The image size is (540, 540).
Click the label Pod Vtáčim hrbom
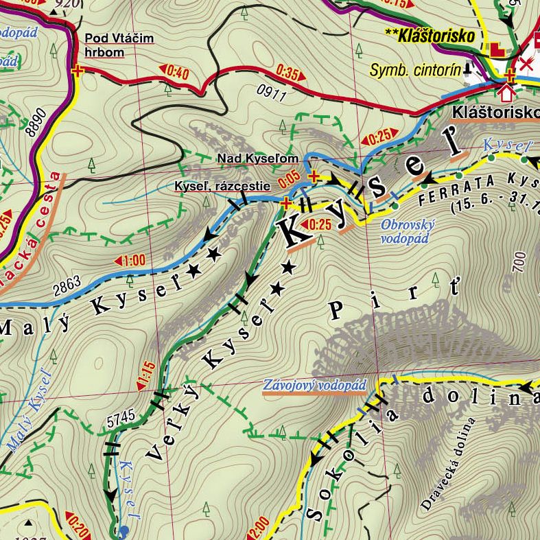(114, 45)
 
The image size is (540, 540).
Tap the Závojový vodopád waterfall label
(314, 386)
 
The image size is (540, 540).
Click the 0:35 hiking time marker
(288, 71)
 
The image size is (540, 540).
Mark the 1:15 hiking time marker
(146, 373)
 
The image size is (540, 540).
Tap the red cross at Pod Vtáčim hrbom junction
(76, 70)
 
